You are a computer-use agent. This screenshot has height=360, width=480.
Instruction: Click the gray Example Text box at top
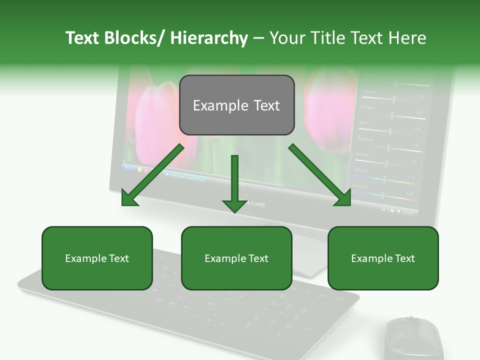click(x=236, y=105)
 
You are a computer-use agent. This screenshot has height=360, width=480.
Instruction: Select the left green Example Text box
click(x=97, y=258)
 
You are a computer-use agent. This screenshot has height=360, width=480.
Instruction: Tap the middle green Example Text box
click(x=236, y=258)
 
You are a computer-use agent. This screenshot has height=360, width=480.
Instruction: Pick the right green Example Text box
click(x=383, y=258)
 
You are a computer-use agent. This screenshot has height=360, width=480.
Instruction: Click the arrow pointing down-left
click(x=152, y=175)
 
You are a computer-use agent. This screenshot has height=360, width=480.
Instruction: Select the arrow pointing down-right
click(x=320, y=175)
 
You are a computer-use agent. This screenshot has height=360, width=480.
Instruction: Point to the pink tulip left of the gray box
click(x=155, y=120)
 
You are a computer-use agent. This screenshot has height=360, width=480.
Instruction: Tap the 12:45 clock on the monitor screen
click(x=407, y=213)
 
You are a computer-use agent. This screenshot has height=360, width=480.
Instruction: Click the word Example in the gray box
click(x=214, y=105)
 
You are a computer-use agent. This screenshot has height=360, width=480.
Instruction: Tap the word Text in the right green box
click(x=404, y=258)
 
